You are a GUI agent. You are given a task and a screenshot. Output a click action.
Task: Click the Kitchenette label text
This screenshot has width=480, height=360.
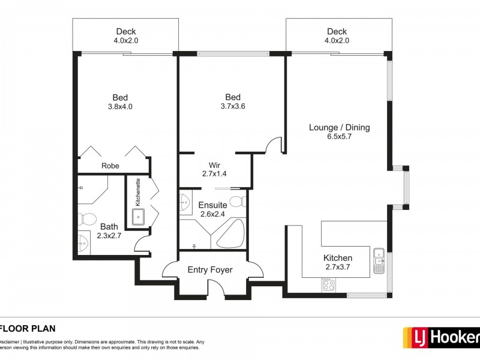tap(137, 193)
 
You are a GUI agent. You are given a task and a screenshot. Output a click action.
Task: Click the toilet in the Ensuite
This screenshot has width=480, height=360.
tap(238, 201)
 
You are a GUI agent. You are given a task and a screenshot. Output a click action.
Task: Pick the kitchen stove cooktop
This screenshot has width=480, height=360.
tap(328, 286)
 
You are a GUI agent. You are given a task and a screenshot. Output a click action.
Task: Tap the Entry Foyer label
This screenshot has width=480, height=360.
tap(210, 270)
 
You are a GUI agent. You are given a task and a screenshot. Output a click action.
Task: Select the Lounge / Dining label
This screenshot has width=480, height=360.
tap(339, 127)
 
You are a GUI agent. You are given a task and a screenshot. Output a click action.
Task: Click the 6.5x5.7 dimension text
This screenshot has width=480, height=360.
tap(339, 137)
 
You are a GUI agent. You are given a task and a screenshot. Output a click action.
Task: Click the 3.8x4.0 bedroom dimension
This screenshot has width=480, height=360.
tap(120, 107)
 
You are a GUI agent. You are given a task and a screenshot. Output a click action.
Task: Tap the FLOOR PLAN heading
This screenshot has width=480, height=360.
tap(28, 328)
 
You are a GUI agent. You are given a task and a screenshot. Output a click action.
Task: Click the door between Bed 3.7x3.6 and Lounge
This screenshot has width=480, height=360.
tap(275, 144)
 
